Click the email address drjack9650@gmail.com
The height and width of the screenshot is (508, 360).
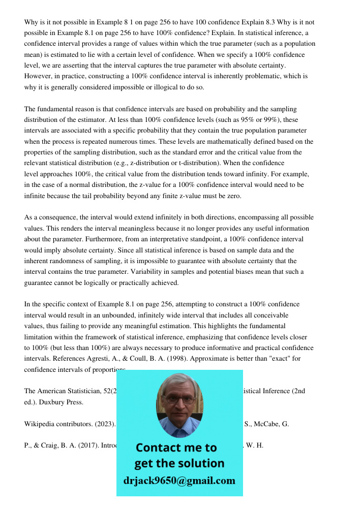[x=179, y=481]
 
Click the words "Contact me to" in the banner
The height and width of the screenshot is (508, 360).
[x=176, y=448]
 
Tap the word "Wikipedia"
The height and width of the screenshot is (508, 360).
[x=39, y=424]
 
